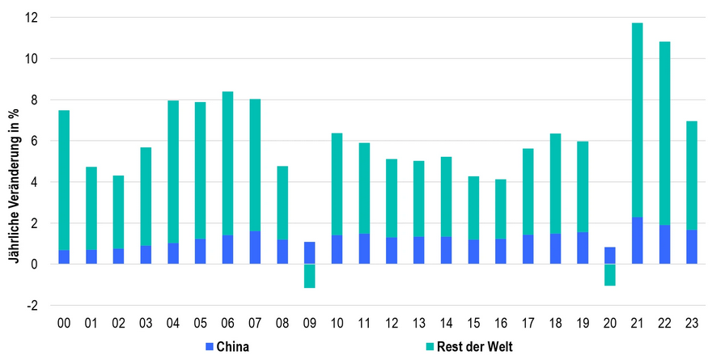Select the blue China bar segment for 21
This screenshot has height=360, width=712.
(638, 240)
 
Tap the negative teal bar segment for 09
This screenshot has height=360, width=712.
(310, 276)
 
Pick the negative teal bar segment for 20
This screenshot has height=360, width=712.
(610, 275)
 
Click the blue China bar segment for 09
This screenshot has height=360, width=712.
(310, 252)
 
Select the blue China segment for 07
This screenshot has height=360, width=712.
(255, 248)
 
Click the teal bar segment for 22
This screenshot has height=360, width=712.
(665, 133)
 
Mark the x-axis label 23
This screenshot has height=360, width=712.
(693, 323)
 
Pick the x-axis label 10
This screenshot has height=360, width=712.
(337, 323)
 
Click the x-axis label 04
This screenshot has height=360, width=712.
(173, 323)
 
